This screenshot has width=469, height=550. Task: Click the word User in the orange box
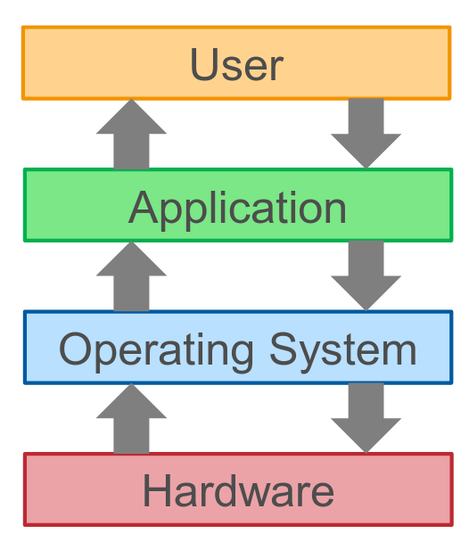237,64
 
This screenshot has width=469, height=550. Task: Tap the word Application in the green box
237,209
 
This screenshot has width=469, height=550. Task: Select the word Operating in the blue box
156,350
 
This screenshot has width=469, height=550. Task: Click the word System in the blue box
343,349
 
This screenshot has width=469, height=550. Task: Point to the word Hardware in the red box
238,490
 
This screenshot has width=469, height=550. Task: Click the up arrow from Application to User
131,134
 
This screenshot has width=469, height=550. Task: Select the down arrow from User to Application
366,134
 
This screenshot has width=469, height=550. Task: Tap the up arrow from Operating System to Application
131,276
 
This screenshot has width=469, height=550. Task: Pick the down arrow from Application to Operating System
366,276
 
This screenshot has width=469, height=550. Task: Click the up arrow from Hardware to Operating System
131,418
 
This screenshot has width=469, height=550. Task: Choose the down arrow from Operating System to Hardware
366,418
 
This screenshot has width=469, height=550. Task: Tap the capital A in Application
144,207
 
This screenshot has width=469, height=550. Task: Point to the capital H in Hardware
156,490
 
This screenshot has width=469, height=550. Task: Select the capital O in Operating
75,349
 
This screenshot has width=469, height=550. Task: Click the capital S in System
284,349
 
